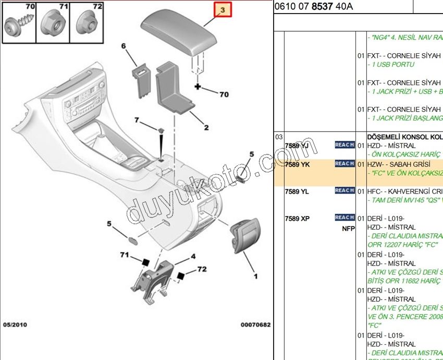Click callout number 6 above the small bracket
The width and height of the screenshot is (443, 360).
(x=124, y=46)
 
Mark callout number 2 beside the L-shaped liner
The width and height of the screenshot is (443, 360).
(x=206, y=128)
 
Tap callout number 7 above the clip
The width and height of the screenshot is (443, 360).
(x=137, y=121)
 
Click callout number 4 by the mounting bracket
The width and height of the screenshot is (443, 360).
(x=193, y=256)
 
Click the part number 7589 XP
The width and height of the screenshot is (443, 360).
(x=297, y=218)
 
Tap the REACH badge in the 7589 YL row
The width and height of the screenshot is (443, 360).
(x=344, y=190)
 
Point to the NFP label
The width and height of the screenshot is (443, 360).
(x=348, y=228)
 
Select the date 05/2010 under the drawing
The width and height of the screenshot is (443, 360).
(x=15, y=325)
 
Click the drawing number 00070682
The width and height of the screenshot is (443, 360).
(x=255, y=325)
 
